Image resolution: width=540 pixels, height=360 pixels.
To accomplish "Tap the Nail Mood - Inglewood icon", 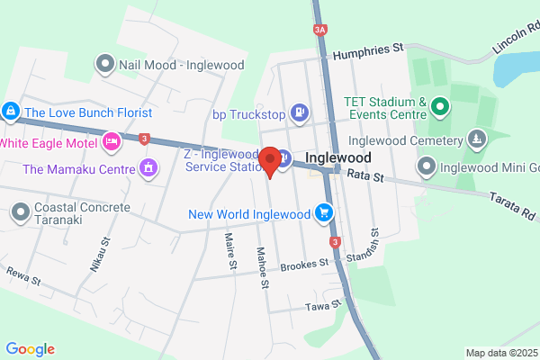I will click(x=105, y=63).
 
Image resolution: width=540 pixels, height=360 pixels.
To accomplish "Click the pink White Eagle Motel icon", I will click(x=112, y=141).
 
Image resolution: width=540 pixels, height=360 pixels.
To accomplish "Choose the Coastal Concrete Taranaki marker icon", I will click(x=20, y=213).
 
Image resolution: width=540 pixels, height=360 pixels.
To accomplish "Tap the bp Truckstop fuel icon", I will click(x=300, y=113).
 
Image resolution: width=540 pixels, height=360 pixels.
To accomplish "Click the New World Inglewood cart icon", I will click(x=324, y=213).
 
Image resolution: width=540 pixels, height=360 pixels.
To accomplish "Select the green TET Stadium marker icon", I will click(x=440, y=108).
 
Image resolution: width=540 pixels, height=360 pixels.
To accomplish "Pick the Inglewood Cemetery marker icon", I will click(x=477, y=139).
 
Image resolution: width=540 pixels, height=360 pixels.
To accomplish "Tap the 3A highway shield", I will click(x=320, y=30).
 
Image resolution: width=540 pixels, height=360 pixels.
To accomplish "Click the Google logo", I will click(x=30, y=349).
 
